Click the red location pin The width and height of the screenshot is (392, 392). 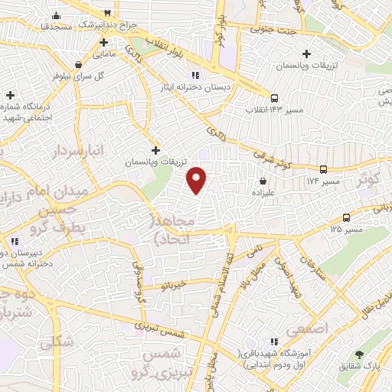click(x=198, y=179)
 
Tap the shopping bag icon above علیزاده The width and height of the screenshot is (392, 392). click(x=263, y=181)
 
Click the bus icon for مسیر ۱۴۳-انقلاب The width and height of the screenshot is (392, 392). click(x=274, y=97)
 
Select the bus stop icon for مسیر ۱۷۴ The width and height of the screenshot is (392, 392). click(x=324, y=169)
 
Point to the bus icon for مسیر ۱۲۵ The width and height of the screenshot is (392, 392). click(x=347, y=217)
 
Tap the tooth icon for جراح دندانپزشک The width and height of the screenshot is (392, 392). click(x=108, y=13)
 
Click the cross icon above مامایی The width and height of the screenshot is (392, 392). click(x=103, y=42)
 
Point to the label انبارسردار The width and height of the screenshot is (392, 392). click(x=55, y=152)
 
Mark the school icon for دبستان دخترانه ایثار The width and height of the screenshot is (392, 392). click(x=195, y=75)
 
